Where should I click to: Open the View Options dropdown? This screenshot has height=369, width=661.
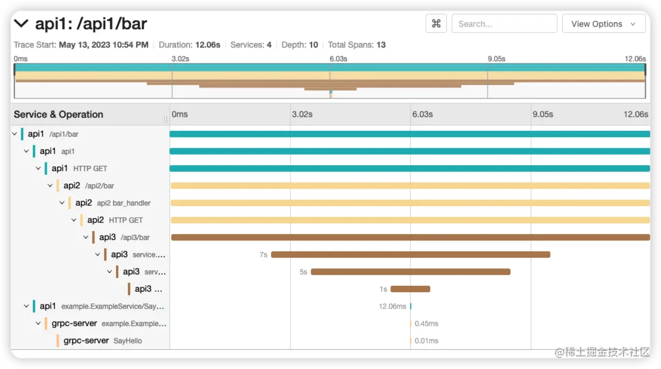point(603,24)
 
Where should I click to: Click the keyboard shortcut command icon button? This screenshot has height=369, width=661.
point(436,24)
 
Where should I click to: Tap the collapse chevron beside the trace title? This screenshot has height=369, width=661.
point(21,24)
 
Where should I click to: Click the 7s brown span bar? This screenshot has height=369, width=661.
point(410,254)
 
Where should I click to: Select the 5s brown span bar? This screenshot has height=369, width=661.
point(410,272)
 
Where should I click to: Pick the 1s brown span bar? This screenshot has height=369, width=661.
point(410,289)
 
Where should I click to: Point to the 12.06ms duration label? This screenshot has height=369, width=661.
point(392,307)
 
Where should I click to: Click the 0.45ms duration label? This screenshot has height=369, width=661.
point(426,324)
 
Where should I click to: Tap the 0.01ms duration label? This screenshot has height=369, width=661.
point(426,341)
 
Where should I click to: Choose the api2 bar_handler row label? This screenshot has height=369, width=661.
point(113,203)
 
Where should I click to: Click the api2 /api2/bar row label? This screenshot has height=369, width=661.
point(89,185)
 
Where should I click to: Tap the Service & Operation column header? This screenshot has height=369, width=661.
point(58,115)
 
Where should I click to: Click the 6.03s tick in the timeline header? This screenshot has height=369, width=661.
point(422,114)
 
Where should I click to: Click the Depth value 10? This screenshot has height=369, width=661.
point(313,45)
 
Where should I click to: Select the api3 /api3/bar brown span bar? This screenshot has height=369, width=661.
point(410,237)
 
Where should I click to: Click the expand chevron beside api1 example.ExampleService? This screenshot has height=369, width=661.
point(26,307)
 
